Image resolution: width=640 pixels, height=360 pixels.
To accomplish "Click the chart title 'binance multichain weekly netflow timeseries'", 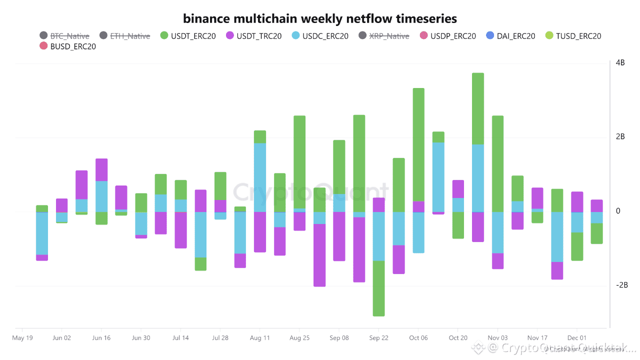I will coord(320,19).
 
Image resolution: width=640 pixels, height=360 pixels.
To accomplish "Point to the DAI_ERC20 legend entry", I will coord(510,36).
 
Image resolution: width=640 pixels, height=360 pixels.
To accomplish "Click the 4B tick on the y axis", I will coord(620,63).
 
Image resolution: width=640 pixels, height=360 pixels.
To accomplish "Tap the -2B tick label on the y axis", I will coord(621,285).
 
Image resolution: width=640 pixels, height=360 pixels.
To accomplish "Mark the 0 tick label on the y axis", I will coord(618,211).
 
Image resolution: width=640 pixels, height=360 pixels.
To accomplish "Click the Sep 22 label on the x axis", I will coord(378,338).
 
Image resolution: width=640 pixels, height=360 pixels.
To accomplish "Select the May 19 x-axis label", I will coord(22,338).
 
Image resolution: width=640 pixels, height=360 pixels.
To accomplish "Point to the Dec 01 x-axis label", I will coord(576,338).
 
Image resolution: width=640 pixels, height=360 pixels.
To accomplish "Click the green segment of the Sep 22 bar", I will coord(378,288).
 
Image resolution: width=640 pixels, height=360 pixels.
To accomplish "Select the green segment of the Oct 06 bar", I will coord(418,145).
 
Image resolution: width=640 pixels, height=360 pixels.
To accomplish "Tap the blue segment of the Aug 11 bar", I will coord(259,177).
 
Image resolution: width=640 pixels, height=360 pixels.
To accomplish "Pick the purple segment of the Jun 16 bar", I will coord(101,169).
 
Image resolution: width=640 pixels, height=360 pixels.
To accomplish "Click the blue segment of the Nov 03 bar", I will coord(497,232).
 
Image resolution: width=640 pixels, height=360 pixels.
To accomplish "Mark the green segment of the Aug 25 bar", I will coord(299,162).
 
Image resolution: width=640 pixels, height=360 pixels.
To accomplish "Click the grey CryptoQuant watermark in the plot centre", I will coord(310,192).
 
